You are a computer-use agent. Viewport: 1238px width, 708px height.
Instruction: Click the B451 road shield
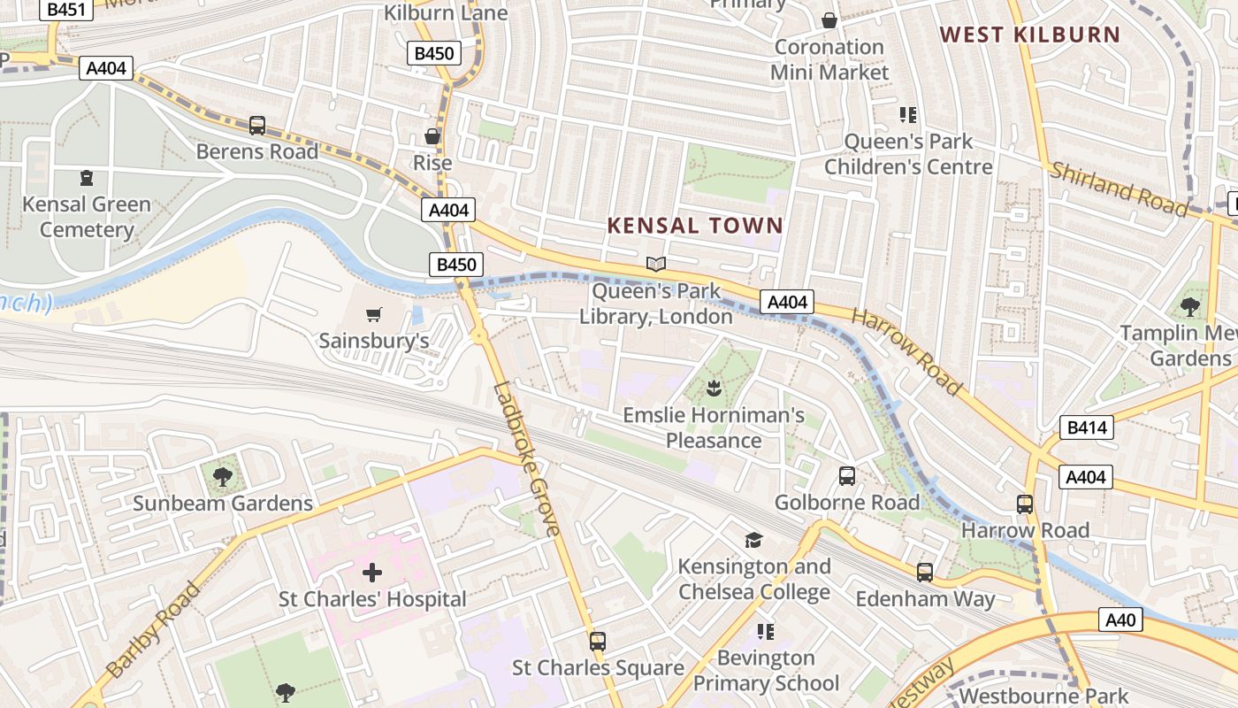click(66, 9)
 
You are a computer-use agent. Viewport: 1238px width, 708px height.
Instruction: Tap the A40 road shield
click(1120, 619)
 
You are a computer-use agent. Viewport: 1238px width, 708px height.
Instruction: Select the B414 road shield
click(1086, 428)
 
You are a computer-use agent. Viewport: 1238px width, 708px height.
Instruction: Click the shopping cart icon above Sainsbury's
click(374, 314)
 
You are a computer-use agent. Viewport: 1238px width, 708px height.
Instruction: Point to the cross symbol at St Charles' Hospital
click(372, 573)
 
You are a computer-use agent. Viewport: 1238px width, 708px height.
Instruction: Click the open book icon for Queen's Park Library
click(655, 264)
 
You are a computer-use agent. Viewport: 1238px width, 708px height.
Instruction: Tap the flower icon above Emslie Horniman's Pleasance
click(713, 388)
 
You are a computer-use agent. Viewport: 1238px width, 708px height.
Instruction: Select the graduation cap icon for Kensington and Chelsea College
click(753, 540)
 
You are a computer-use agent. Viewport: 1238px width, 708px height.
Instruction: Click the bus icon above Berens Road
click(256, 126)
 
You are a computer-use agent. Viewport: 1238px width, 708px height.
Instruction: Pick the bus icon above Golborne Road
click(846, 476)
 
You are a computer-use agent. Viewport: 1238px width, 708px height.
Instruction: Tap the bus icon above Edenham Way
click(924, 573)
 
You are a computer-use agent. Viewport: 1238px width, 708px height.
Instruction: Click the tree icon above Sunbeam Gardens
click(222, 477)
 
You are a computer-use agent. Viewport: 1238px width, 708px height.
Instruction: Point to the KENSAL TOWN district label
click(695, 226)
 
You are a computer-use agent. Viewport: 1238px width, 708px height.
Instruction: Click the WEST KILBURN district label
click(1029, 35)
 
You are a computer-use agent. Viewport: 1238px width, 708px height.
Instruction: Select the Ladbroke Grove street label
click(527, 458)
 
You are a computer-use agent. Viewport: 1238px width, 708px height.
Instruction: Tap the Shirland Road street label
click(1118, 189)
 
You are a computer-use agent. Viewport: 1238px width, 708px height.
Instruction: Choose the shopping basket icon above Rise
click(432, 136)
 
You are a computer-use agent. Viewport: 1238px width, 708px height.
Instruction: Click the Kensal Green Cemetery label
click(87, 217)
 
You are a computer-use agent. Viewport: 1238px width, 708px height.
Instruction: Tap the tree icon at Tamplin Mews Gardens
click(1190, 307)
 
